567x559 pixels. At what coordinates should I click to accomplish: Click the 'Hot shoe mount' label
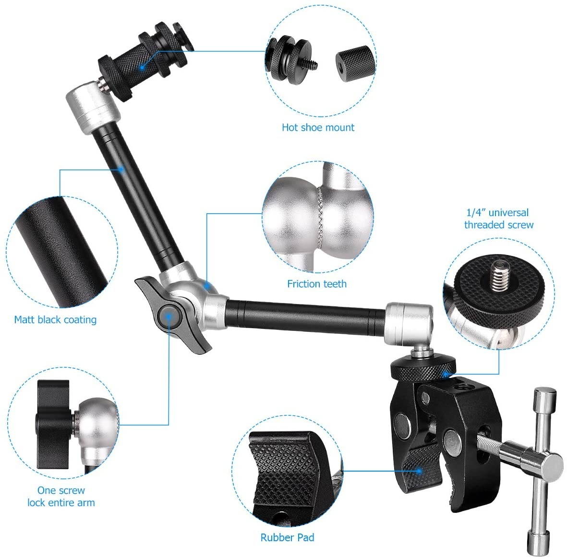tap(318, 127)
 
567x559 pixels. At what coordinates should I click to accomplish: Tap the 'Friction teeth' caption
tap(317, 284)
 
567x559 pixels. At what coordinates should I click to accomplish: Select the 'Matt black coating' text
tap(55, 320)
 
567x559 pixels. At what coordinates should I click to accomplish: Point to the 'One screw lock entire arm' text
tap(61, 497)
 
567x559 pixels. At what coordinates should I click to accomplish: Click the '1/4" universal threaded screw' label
tap(498, 219)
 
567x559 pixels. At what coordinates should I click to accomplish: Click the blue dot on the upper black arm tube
tap(122, 169)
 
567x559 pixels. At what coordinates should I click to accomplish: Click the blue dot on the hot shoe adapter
tap(143, 67)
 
